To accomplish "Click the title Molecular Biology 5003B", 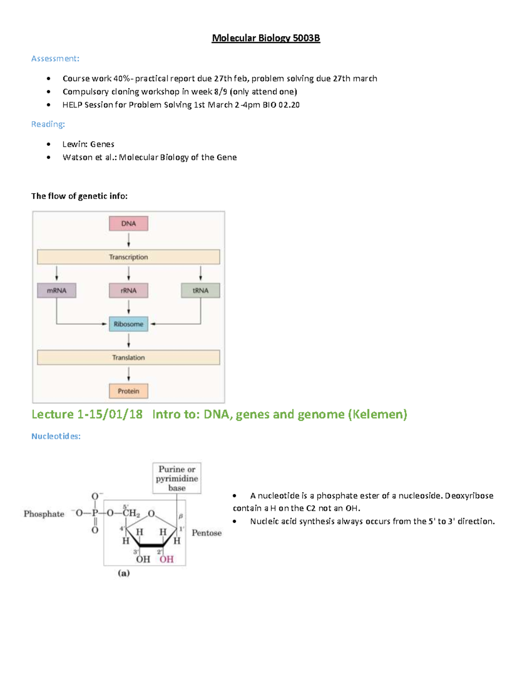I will [266, 38].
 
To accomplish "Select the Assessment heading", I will [55, 58].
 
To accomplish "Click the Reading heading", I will [48, 124].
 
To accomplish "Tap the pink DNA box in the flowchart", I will [129, 223].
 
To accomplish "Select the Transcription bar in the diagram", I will [129, 257].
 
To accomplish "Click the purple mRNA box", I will [56, 291].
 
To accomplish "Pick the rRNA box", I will [129, 291].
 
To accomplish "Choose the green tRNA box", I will [200, 291].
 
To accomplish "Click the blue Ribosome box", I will [129, 324].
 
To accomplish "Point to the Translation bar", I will [129, 358].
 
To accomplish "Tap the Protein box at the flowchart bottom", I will [129, 391].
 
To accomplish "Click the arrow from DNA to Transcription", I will [129, 240].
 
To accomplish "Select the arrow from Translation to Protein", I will [129, 374].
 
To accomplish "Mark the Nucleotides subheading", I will [56, 436].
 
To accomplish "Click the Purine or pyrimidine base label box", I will [177, 478].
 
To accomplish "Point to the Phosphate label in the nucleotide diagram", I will [44, 514].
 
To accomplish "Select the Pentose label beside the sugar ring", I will [207, 533].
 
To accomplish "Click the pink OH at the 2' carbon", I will [167, 560].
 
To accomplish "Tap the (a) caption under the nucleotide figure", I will [124, 573].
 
